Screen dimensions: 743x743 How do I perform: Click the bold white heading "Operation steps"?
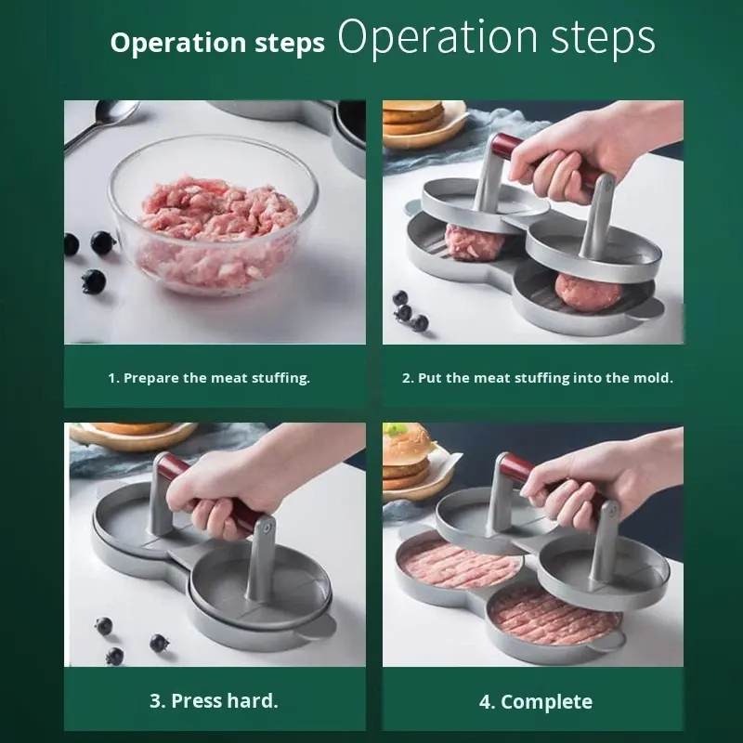coord(217,43)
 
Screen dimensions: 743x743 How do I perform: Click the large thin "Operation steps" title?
coord(496,37)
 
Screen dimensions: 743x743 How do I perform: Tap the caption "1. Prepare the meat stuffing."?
coord(209,378)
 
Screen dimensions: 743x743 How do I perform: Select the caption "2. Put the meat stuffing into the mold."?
coord(538,378)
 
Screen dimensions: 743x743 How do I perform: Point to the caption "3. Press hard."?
coord(214,701)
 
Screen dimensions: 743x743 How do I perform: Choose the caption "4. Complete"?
coord(536,702)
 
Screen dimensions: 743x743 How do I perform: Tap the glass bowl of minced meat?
coord(214,215)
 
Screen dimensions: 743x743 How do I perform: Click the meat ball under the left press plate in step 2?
coord(474,242)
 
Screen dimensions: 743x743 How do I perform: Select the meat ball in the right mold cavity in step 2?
coord(588,291)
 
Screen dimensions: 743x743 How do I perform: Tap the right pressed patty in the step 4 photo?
coord(554,616)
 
